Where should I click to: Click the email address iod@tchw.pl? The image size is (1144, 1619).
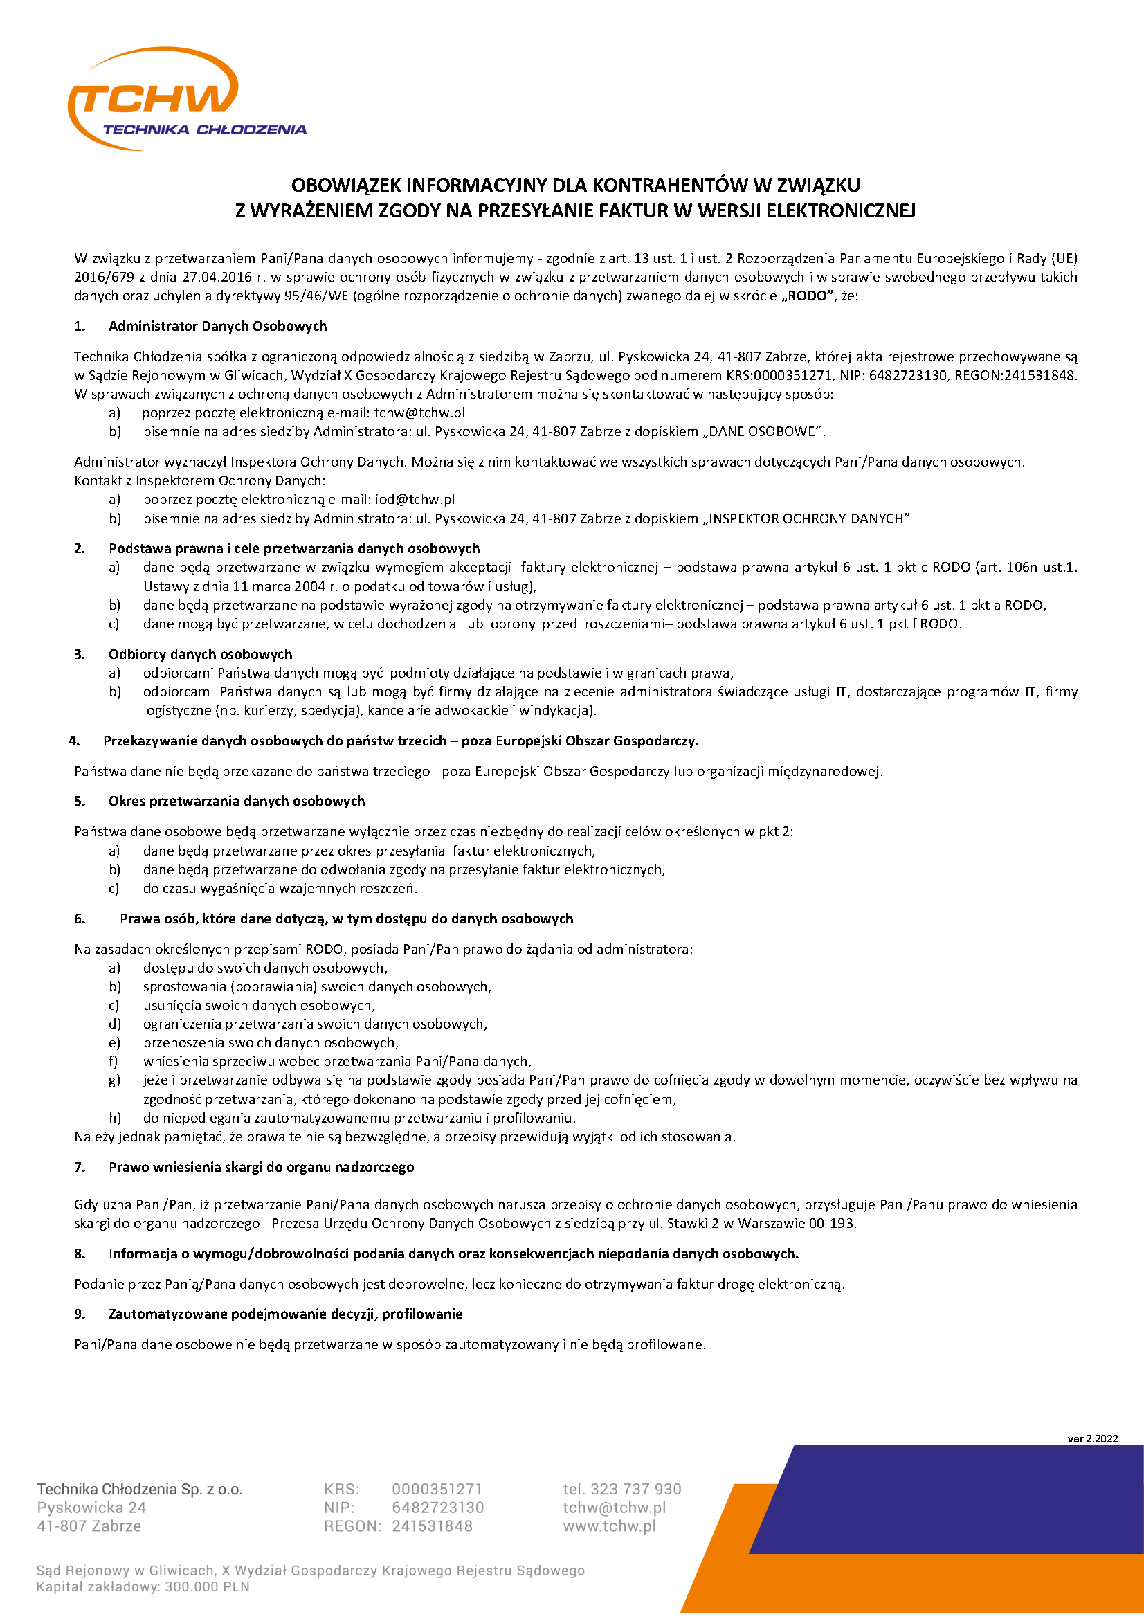click(415, 499)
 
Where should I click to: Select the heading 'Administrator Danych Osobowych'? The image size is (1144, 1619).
click(218, 326)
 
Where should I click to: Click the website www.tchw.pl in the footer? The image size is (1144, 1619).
click(609, 1526)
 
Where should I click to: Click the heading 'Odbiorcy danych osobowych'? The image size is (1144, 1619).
click(200, 653)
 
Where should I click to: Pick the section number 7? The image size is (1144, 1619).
click(80, 1167)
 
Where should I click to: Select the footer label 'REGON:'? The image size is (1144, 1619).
click(352, 1526)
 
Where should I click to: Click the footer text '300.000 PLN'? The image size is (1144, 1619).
click(217, 1586)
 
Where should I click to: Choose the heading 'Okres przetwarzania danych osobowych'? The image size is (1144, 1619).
click(237, 801)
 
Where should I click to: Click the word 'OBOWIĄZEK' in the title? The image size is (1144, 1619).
click(346, 185)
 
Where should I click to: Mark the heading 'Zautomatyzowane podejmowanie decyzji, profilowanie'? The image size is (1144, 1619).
click(285, 1314)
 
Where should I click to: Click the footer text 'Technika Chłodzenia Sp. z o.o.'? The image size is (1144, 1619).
click(140, 1489)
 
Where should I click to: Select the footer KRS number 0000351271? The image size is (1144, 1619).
click(437, 1489)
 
